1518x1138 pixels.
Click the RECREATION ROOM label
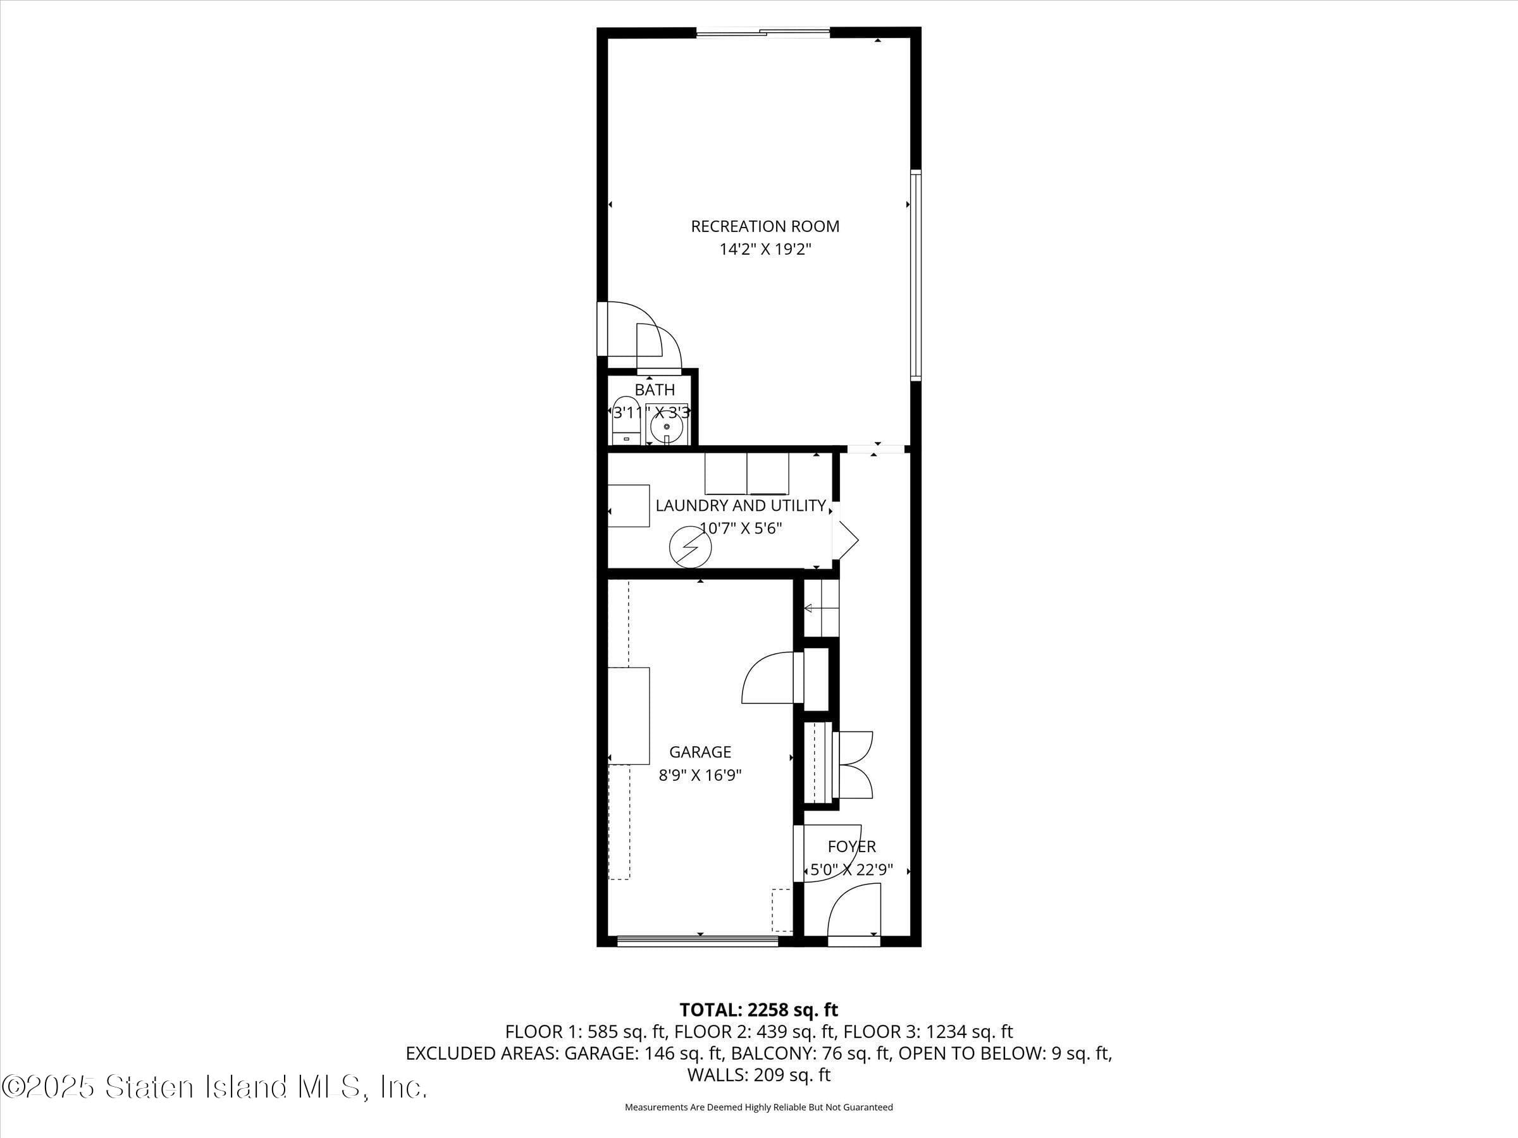point(765,226)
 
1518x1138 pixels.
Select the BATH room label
point(654,389)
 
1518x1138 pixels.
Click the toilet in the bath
point(625,421)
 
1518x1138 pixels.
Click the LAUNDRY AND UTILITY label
point(741,506)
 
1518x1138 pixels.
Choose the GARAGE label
point(700,752)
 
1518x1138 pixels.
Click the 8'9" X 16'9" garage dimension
point(700,776)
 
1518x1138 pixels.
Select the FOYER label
point(851,847)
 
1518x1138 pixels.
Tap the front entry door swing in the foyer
point(855,912)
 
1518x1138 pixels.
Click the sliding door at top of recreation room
point(762,32)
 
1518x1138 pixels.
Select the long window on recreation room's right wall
point(915,274)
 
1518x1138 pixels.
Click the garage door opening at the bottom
point(697,941)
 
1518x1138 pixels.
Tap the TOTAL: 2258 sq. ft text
point(758,1010)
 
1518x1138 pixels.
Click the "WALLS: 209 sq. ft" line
point(758,1075)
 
